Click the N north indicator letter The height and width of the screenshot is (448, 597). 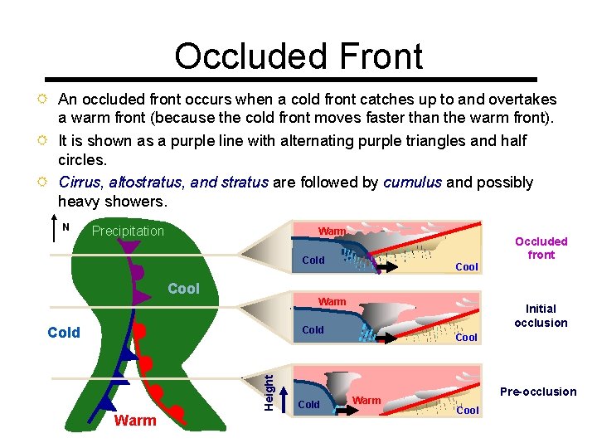[x=66, y=226]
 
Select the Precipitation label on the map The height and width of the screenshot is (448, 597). [x=128, y=231]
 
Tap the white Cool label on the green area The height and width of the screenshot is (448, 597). [x=183, y=289]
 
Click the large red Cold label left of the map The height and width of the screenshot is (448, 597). [x=64, y=333]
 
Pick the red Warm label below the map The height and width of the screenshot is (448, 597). [x=135, y=421]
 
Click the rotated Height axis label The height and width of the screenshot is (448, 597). [x=269, y=389]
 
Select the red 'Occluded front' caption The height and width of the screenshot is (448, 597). [x=541, y=248]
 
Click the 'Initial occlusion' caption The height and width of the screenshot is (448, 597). [x=541, y=315]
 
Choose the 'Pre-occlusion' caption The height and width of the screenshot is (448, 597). [x=537, y=392]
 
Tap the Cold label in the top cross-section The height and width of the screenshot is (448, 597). [x=313, y=261]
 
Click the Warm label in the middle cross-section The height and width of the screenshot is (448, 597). [x=332, y=301]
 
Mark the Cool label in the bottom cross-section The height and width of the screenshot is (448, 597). [x=468, y=410]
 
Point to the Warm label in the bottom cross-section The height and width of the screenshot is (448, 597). [x=366, y=401]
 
